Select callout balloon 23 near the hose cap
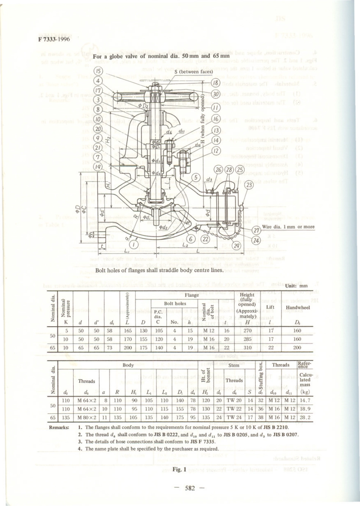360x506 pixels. pos(249,185)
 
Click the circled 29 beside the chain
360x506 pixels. pos(236,246)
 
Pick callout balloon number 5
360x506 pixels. pos(196,177)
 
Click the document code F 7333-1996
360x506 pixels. pos(53,39)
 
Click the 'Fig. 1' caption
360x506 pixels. pos(179,469)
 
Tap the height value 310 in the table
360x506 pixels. pos(247,347)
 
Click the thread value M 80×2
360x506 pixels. pos(87,418)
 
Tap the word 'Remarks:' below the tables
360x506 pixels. pos(59,427)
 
